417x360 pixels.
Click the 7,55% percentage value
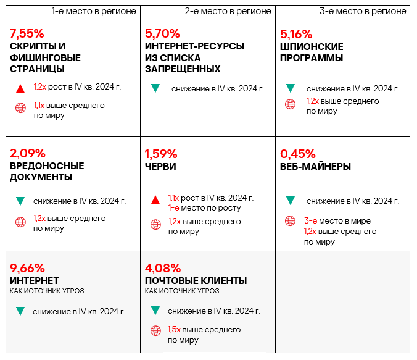pos(28,33)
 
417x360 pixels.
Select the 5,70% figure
pos(162,33)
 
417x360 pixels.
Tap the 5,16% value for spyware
pos(296,33)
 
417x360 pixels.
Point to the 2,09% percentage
pos(28,153)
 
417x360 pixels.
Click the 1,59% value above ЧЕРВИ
pos(161,153)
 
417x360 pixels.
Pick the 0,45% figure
pos(297,153)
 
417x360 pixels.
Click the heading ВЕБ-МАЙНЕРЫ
pos(315,166)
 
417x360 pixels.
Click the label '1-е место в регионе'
pos(94,11)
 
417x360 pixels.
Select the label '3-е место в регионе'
pos(363,11)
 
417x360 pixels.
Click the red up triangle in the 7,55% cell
pos(20,88)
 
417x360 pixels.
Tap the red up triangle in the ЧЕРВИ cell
pos(155,199)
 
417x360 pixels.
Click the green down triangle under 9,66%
pos(20,311)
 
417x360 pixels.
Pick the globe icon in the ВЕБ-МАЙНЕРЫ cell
pos(290,221)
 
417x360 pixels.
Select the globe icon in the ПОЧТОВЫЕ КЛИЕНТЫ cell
pos(155,330)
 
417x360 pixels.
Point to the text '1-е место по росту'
pos(204,208)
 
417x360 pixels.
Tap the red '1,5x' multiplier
pos(175,330)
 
